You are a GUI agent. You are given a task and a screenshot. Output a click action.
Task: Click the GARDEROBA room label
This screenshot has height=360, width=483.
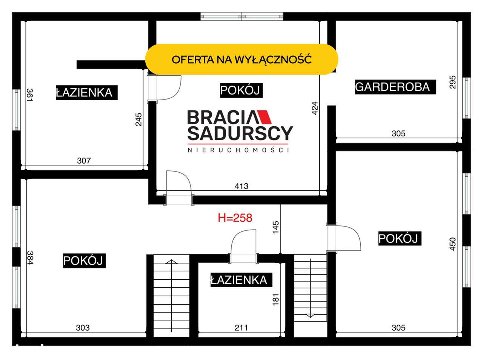(x=395, y=87)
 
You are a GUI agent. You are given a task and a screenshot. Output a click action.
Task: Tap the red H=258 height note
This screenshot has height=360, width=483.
(x=235, y=218)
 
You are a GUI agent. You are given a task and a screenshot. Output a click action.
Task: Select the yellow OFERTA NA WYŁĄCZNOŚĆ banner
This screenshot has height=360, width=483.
(x=241, y=59)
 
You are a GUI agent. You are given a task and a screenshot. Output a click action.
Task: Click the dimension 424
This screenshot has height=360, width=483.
(x=315, y=108)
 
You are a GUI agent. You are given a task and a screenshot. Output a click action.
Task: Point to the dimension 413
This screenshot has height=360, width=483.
(x=241, y=186)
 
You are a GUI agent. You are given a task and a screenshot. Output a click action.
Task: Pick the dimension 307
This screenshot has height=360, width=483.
(x=84, y=161)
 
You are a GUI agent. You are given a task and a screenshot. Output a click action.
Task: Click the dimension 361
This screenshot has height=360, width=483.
(x=29, y=95)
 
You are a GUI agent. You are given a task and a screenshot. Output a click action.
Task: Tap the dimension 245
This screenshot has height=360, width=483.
(x=138, y=119)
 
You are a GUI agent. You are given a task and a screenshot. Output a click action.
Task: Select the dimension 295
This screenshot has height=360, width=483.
(x=453, y=82)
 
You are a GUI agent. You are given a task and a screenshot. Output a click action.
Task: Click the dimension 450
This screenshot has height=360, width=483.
(x=453, y=244)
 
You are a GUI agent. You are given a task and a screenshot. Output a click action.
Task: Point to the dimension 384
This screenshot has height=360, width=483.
(x=30, y=257)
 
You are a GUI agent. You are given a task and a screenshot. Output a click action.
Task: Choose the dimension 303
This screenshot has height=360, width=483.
(x=83, y=328)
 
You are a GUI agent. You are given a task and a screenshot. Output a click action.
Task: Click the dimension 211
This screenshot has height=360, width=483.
(x=241, y=328)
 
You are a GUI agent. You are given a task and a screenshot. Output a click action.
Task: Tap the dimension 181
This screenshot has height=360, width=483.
(x=276, y=300)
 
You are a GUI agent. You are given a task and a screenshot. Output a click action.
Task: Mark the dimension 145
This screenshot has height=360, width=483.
(x=276, y=227)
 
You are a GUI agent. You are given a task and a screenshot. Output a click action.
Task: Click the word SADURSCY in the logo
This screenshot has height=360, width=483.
(x=240, y=133)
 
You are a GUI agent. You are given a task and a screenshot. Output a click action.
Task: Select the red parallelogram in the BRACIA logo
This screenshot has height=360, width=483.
(x=265, y=117)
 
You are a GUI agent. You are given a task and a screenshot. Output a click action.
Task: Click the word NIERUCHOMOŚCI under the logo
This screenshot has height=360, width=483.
(x=238, y=150)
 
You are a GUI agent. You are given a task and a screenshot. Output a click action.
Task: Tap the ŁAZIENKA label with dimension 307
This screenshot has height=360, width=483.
(x=86, y=92)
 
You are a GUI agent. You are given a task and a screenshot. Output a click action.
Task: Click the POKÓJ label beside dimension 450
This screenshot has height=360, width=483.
(x=400, y=238)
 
